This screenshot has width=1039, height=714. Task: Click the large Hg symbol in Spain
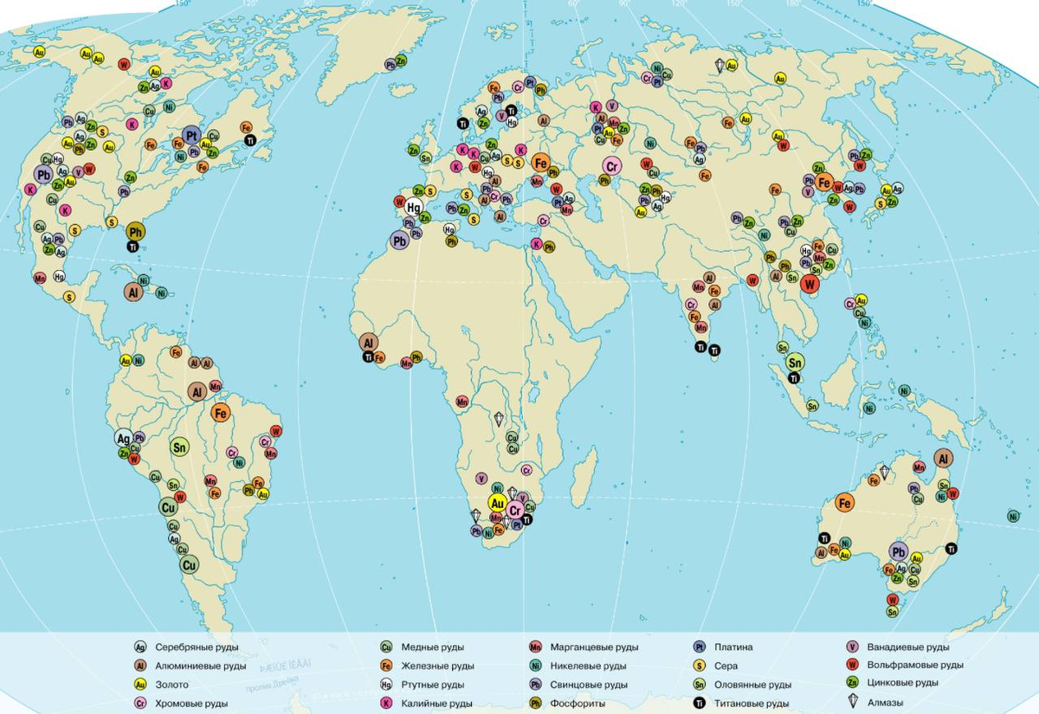point(415,207)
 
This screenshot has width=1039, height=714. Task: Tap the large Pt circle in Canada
point(192,136)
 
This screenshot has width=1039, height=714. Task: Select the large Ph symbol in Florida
point(135,231)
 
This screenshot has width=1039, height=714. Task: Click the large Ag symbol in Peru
point(125,439)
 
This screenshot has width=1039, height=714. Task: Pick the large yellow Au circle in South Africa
point(497,502)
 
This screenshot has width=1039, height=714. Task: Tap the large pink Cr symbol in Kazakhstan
point(612,166)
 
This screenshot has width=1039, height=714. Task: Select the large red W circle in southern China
point(810,283)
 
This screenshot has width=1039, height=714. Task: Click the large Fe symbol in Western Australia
point(845,502)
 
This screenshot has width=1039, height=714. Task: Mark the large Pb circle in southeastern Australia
point(898,552)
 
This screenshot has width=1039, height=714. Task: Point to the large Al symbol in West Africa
point(368,342)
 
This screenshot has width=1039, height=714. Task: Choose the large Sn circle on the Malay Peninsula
point(795,362)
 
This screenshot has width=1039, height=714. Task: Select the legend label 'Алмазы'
point(887,704)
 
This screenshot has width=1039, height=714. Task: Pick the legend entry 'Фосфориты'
point(579,704)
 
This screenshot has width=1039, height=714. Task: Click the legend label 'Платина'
point(733,646)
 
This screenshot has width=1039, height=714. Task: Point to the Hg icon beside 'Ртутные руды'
point(386,685)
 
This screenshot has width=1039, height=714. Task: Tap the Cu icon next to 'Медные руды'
point(386,646)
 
